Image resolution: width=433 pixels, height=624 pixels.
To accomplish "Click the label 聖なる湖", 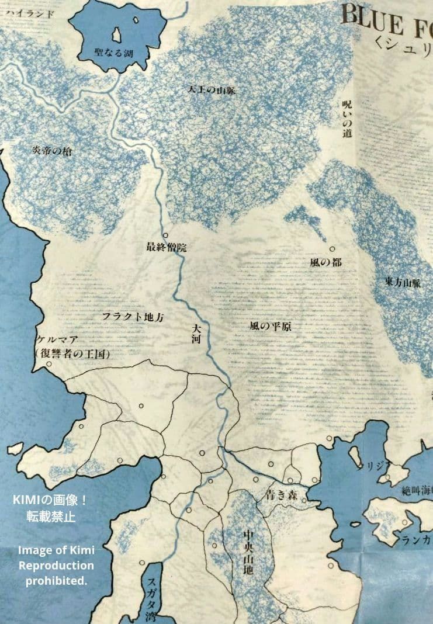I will (x=114, y=53).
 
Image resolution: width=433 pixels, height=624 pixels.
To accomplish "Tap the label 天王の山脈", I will (x=212, y=90).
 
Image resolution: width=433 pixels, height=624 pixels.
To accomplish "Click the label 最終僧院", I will (x=166, y=247).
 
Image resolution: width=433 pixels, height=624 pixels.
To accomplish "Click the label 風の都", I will (x=326, y=262).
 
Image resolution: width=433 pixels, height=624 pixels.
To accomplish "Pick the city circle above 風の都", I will (x=332, y=249).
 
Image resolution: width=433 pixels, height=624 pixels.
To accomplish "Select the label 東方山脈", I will (x=403, y=283).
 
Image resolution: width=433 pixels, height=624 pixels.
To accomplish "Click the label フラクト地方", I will (x=133, y=317).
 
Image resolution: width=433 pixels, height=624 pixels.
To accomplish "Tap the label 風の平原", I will (x=270, y=325).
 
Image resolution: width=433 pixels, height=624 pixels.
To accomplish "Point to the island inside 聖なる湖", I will (x=117, y=34).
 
